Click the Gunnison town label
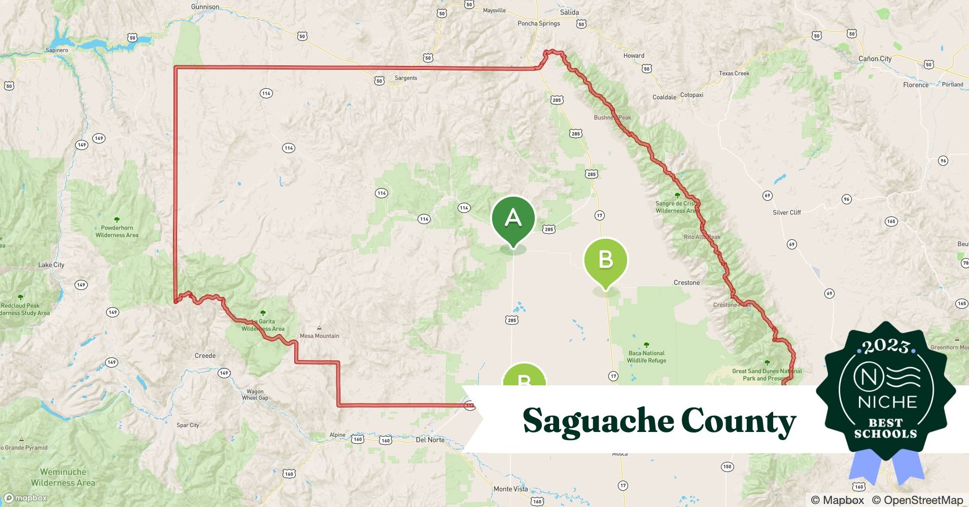point(205,7)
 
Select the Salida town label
point(569,12)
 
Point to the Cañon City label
point(875,59)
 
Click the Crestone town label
point(686,282)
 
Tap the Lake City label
point(51,265)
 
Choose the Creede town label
point(205,355)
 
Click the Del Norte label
point(430,440)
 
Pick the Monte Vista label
point(510,489)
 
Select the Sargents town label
point(406,78)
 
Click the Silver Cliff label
point(786,212)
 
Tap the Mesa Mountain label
point(319,336)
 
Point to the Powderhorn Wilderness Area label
point(117,231)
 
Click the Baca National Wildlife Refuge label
point(646,357)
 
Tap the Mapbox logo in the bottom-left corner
point(25,498)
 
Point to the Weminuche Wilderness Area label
point(63,477)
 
